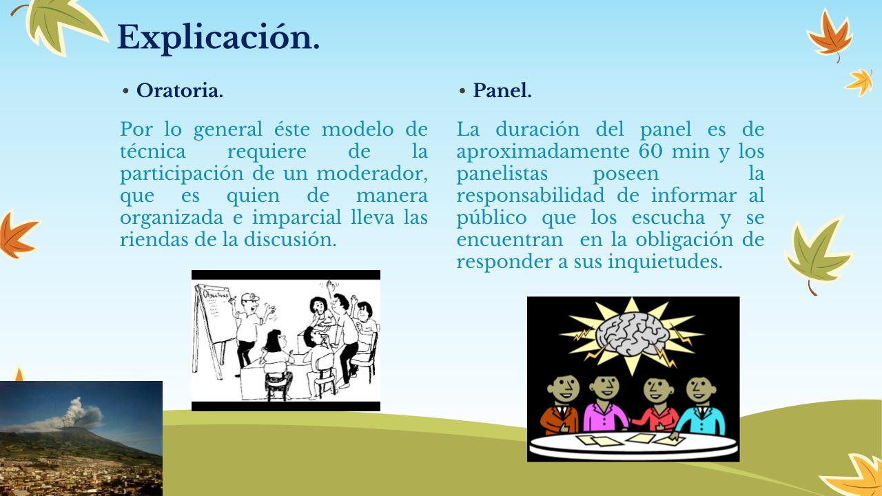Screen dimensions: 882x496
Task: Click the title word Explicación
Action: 218,38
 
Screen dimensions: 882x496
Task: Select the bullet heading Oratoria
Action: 180,90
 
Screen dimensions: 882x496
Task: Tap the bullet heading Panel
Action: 502,90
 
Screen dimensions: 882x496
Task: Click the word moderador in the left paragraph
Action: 372,173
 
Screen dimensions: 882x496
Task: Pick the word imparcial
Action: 297,218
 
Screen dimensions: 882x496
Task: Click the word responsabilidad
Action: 530,196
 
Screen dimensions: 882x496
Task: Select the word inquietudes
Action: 665,261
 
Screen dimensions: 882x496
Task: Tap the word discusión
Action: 290,239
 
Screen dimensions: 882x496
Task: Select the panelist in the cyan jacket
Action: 701,406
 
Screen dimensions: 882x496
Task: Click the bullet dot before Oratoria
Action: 125,92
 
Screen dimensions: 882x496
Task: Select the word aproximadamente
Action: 543,152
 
